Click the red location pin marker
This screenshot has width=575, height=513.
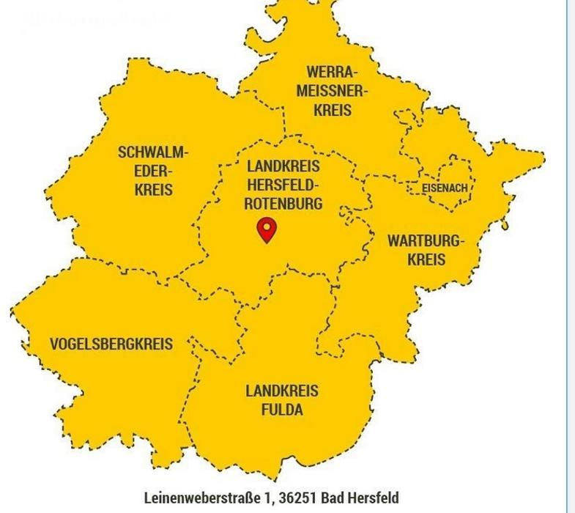click(x=267, y=229)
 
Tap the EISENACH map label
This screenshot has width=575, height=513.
click(x=445, y=188)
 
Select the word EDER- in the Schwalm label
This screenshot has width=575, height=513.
click(x=153, y=171)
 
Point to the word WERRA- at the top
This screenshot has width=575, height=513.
click(x=333, y=73)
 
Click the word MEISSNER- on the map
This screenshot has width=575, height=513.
click(x=333, y=92)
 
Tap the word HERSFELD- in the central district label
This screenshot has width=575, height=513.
click(x=283, y=185)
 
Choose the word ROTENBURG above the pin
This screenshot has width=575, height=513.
click(x=283, y=204)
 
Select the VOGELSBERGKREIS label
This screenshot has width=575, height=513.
click(x=111, y=344)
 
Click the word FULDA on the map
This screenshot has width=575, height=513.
click(x=282, y=410)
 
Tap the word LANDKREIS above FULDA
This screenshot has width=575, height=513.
click(x=282, y=391)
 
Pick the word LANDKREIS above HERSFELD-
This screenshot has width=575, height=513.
click(x=283, y=166)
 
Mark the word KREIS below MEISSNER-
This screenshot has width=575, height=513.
click(x=333, y=111)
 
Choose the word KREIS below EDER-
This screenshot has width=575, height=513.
click(x=153, y=190)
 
